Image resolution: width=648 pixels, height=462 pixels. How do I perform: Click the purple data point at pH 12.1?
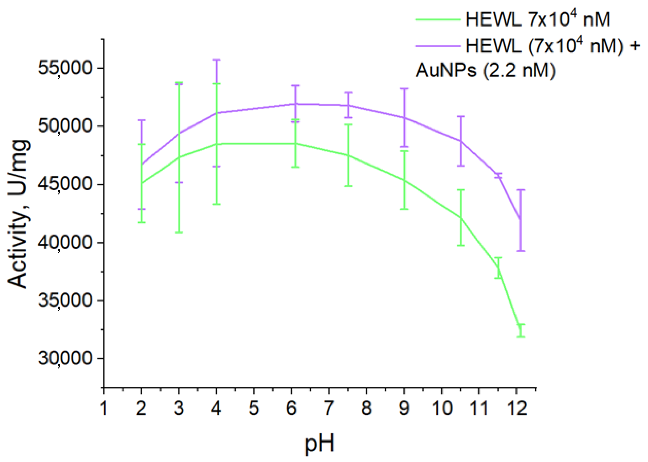[520, 219]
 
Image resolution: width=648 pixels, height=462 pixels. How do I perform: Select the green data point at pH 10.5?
[460, 218]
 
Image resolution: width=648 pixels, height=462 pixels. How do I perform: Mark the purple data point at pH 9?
[404, 118]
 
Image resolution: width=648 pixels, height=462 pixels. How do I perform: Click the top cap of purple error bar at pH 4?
[217, 60]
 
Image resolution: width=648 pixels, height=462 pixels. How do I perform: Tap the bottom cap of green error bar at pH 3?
[179, 232]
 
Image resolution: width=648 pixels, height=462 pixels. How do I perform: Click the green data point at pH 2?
[141, 183]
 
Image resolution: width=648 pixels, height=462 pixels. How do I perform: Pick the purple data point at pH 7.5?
[348, 105]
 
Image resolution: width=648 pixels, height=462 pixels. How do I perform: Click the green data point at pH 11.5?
[498, 268]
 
